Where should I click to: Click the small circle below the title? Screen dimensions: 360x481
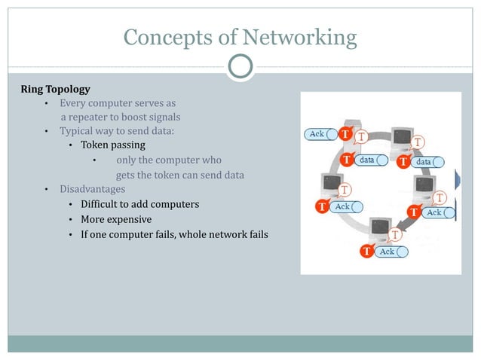(240, 67)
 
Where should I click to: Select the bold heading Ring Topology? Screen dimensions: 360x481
(55, 90)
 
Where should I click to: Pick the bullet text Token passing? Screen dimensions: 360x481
(113, 145)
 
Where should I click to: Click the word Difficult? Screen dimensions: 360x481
(103, 204)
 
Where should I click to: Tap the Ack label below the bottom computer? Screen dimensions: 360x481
(388, 251)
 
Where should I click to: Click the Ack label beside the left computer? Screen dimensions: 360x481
(344, 206)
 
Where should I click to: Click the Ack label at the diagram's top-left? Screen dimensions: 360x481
(318, 134)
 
